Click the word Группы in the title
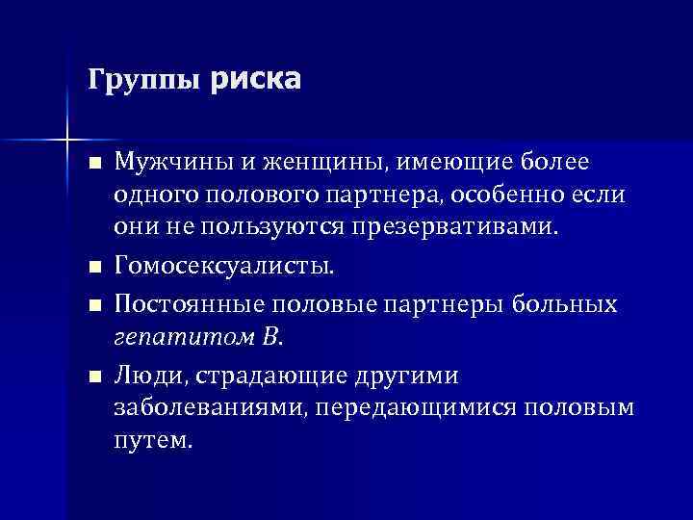144,80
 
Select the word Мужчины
162,159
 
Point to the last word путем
153,441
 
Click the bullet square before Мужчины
92,161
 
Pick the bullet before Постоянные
92,305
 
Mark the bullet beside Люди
92,374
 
